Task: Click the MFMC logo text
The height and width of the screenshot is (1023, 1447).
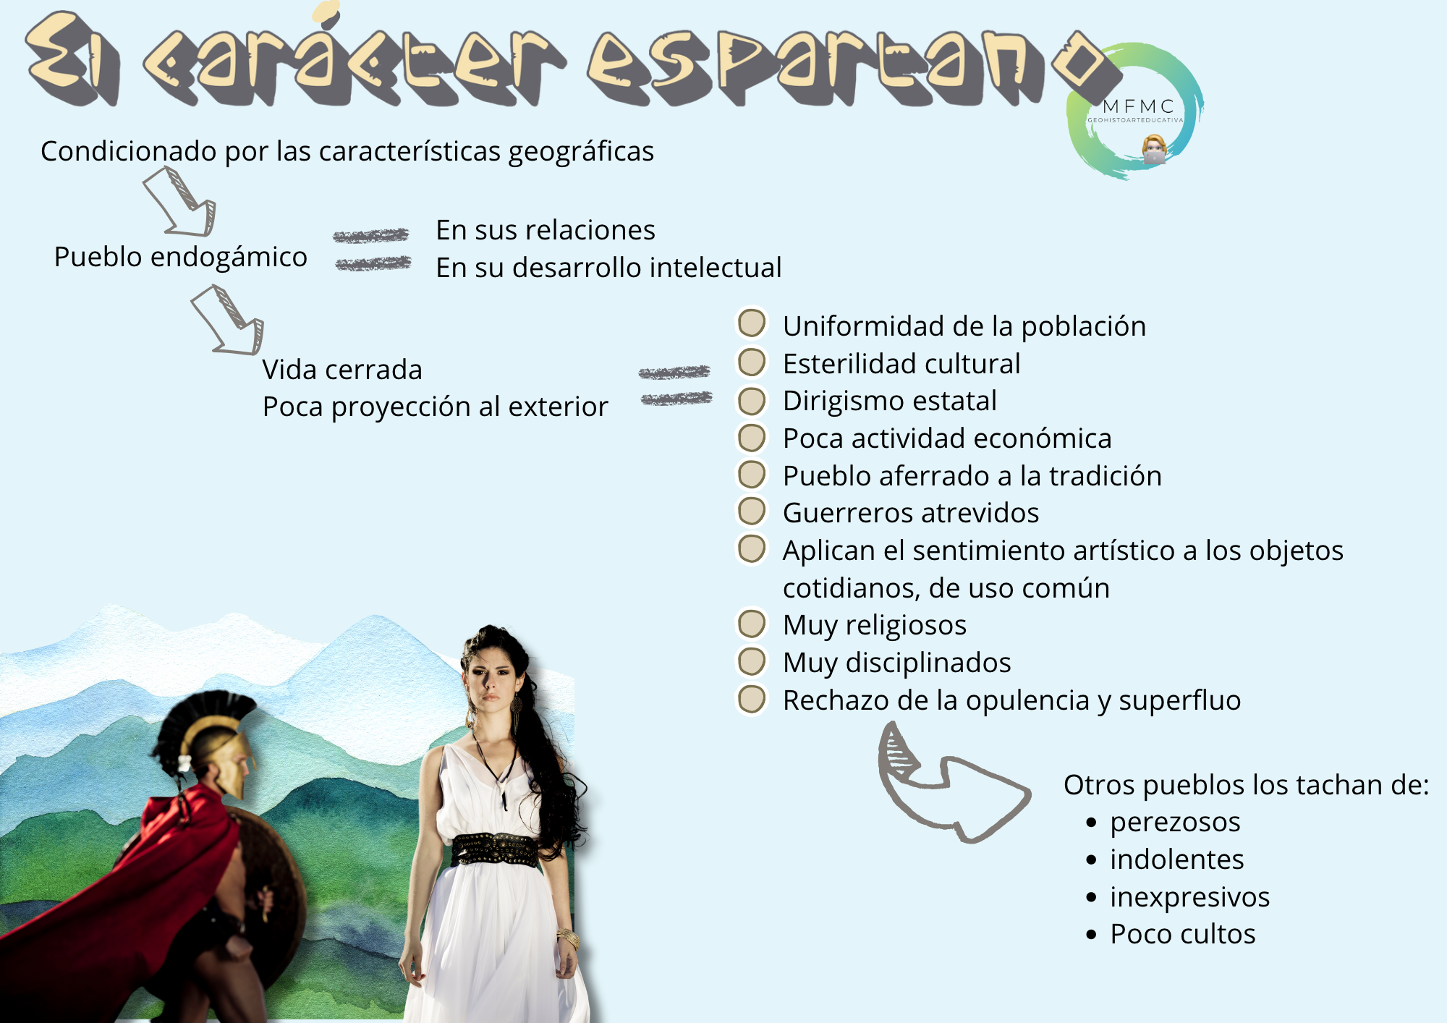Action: (x=1138, y=106)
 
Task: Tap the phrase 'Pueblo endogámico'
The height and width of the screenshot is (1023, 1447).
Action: (x=181, y=258)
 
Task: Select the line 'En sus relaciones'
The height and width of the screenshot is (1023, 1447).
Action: (x=546, y=230)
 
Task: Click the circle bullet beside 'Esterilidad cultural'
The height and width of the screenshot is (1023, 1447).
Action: (x=752, y=362)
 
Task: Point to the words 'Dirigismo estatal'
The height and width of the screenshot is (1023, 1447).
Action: (x=890, y=401)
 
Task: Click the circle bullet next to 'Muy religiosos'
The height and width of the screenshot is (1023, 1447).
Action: (x=752, y=624)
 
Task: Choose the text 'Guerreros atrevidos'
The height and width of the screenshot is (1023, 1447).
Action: (x=911, y=513)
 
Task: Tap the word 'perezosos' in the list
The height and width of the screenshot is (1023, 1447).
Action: (x=1175, y=823)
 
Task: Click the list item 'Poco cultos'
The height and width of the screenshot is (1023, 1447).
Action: (x=1183, y=934)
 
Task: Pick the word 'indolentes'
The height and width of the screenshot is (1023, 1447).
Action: (x=1177, y=859)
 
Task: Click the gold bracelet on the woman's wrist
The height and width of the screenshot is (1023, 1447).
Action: (x=569, y=938)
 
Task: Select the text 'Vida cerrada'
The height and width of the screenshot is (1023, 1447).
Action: (x=342, y=370)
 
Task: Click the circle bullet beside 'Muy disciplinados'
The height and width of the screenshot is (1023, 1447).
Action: (x=752, y=661)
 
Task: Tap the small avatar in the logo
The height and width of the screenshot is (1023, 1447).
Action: (x=1155, y=149)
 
